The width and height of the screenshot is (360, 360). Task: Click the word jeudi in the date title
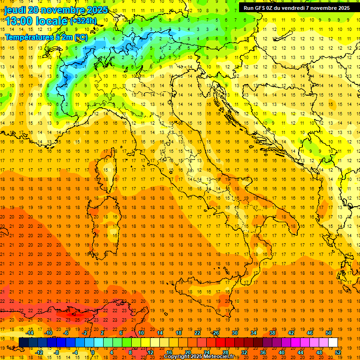[15, 10]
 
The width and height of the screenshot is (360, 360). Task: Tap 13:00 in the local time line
[19, 21]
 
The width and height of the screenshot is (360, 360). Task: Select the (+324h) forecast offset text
[83, 21]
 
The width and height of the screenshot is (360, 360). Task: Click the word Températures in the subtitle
[26, 37]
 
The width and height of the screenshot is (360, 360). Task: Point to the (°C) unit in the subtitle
[81, 37]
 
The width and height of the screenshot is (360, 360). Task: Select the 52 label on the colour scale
[338, 352]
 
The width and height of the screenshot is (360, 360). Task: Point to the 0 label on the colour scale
[93, 352]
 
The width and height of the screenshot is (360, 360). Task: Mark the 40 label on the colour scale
[282, 352]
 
